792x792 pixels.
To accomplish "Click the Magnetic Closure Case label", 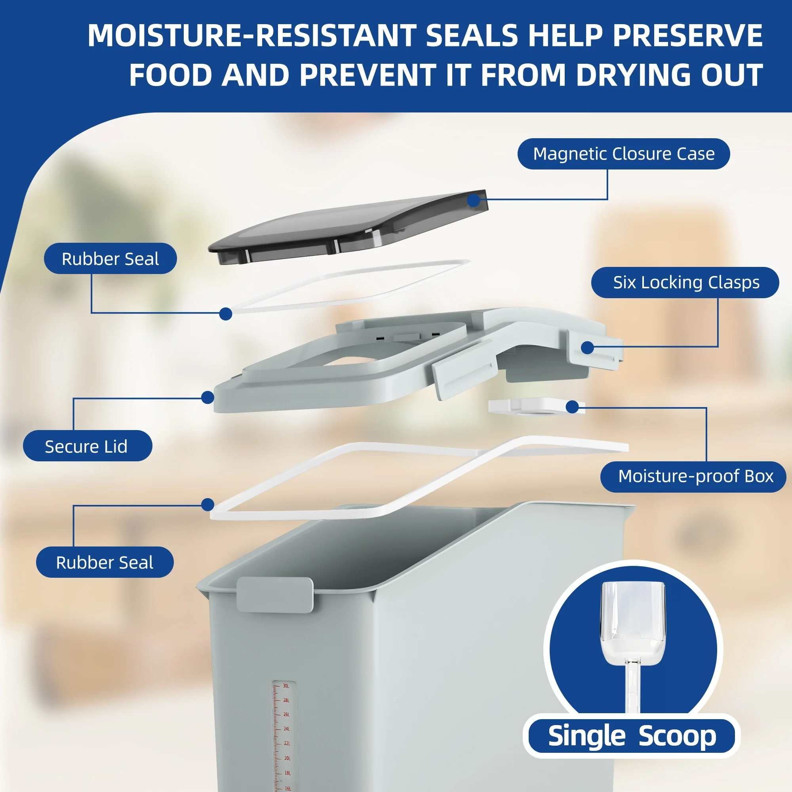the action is coord(624,154).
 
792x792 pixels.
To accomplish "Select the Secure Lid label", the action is coord(87,445).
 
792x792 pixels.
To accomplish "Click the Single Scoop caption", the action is coord(632,736).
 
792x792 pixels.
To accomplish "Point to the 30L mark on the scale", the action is coord(286,685).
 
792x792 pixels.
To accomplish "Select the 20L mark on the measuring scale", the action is coord(287,758).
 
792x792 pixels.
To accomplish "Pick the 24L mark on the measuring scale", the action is coord(287,729).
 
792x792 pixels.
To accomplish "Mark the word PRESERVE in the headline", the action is coord(687,35).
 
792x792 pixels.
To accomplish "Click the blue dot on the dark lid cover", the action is coord(474,200).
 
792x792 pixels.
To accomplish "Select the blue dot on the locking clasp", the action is coord(587,348).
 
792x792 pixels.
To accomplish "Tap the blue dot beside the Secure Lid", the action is coord(208,397).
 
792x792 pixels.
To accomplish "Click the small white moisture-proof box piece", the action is coord(533,406).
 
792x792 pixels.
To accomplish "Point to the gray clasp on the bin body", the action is coord(275,594).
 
